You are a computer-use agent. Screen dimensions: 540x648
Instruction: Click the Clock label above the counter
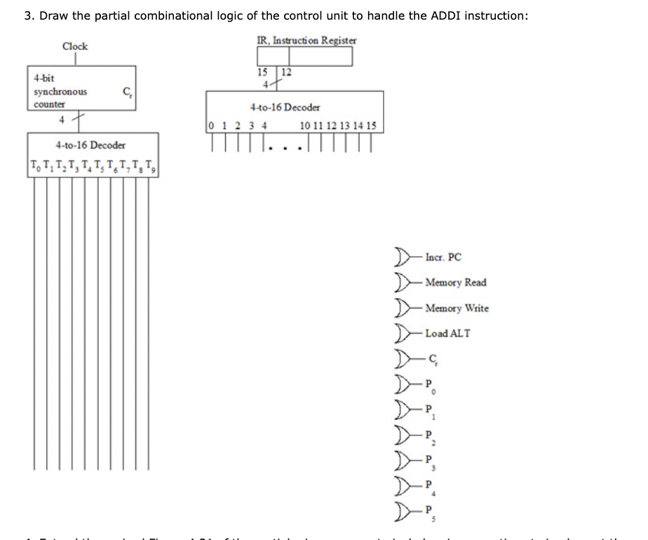75,46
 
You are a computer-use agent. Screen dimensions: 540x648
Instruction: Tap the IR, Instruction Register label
306,40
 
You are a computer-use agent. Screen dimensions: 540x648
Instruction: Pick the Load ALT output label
447,333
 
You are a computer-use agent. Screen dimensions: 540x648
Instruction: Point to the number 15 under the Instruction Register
262,71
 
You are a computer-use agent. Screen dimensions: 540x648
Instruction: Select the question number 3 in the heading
27,15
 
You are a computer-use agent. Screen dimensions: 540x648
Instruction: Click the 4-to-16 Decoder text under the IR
285,107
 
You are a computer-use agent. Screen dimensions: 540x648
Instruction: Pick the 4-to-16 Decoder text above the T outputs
90,145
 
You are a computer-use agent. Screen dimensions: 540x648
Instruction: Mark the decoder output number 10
304,126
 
